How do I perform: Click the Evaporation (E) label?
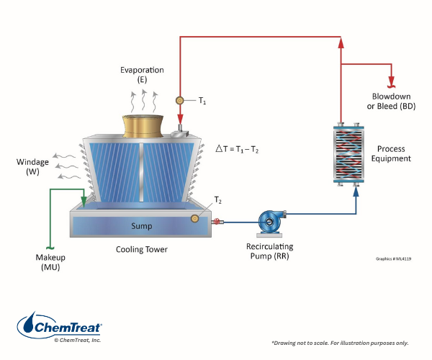tap(142, 75)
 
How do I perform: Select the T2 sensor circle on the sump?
tap(194, 219)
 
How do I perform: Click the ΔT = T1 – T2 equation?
tap(238, 149)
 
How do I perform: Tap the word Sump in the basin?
tap(141, 225)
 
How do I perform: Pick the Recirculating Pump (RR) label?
tap(271, 251)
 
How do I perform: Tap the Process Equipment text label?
tap(392, 153)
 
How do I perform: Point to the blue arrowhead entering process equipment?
tap(357, 192)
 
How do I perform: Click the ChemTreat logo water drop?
tap(29, 325)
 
